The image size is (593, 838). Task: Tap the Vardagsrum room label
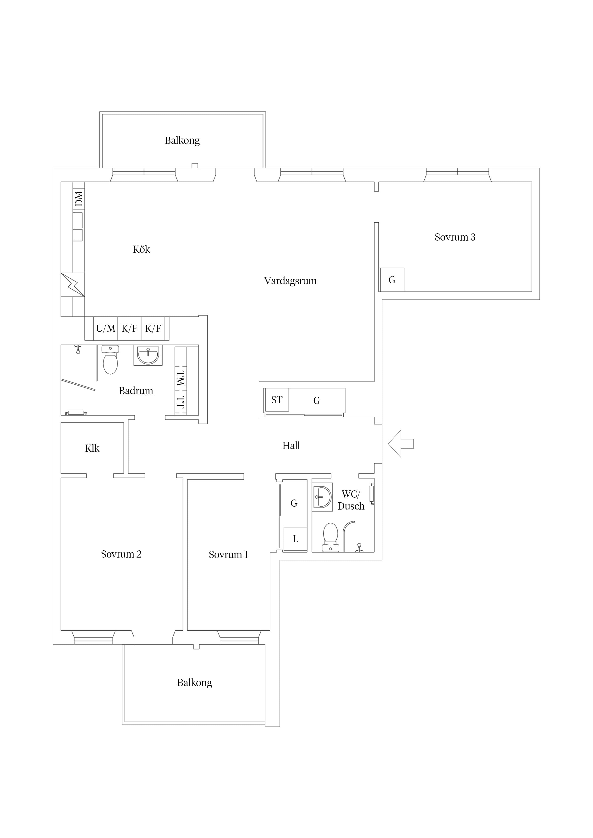(x=291, y=281)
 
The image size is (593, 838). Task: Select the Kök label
(x=141, y=249)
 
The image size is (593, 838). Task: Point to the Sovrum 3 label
(x=455, y=237)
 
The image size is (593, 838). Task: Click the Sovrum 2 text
(x=121, y=554)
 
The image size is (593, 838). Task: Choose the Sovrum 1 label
(x=228, y=554)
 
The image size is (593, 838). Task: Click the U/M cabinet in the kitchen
(x=106, y=328)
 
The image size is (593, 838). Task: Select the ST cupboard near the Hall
(x=277, y=400)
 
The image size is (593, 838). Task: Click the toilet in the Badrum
(x=110, y=360)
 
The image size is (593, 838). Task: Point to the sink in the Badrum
(x=148, y=355)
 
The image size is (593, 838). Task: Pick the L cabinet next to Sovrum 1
(x=295, y=539)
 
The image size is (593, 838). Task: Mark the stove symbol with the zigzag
(x=73, y=285)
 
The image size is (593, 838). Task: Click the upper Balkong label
(x=182, y=140)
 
